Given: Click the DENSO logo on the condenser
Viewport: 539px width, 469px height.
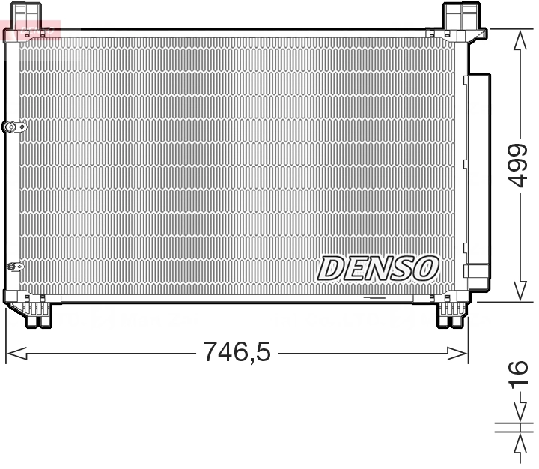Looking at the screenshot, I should [379, 267].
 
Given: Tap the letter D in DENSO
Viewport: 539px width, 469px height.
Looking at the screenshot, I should [330, 267].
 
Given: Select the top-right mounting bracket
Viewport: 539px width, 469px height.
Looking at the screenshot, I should [460, 18].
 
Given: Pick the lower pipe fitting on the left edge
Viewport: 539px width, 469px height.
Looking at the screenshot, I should [13, 266].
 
